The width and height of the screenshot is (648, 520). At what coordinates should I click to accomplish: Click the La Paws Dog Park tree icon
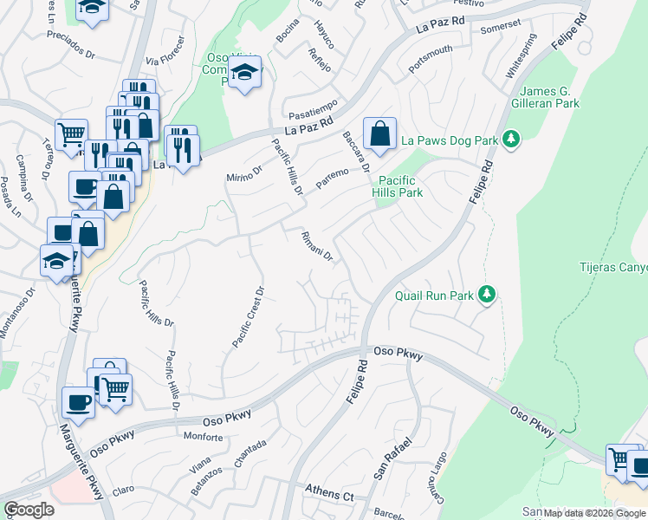coord(511,140)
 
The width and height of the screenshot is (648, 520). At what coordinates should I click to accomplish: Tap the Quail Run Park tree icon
coord(487,296)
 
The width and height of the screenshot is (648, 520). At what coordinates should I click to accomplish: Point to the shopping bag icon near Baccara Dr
coord(379,134)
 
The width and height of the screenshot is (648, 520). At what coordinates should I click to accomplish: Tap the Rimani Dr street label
coord(317,245)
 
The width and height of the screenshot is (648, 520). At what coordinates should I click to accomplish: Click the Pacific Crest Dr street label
coord(248,317)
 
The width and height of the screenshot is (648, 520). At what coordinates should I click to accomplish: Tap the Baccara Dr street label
coord(356,151)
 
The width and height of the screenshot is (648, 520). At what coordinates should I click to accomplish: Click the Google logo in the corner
coord(29,510)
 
